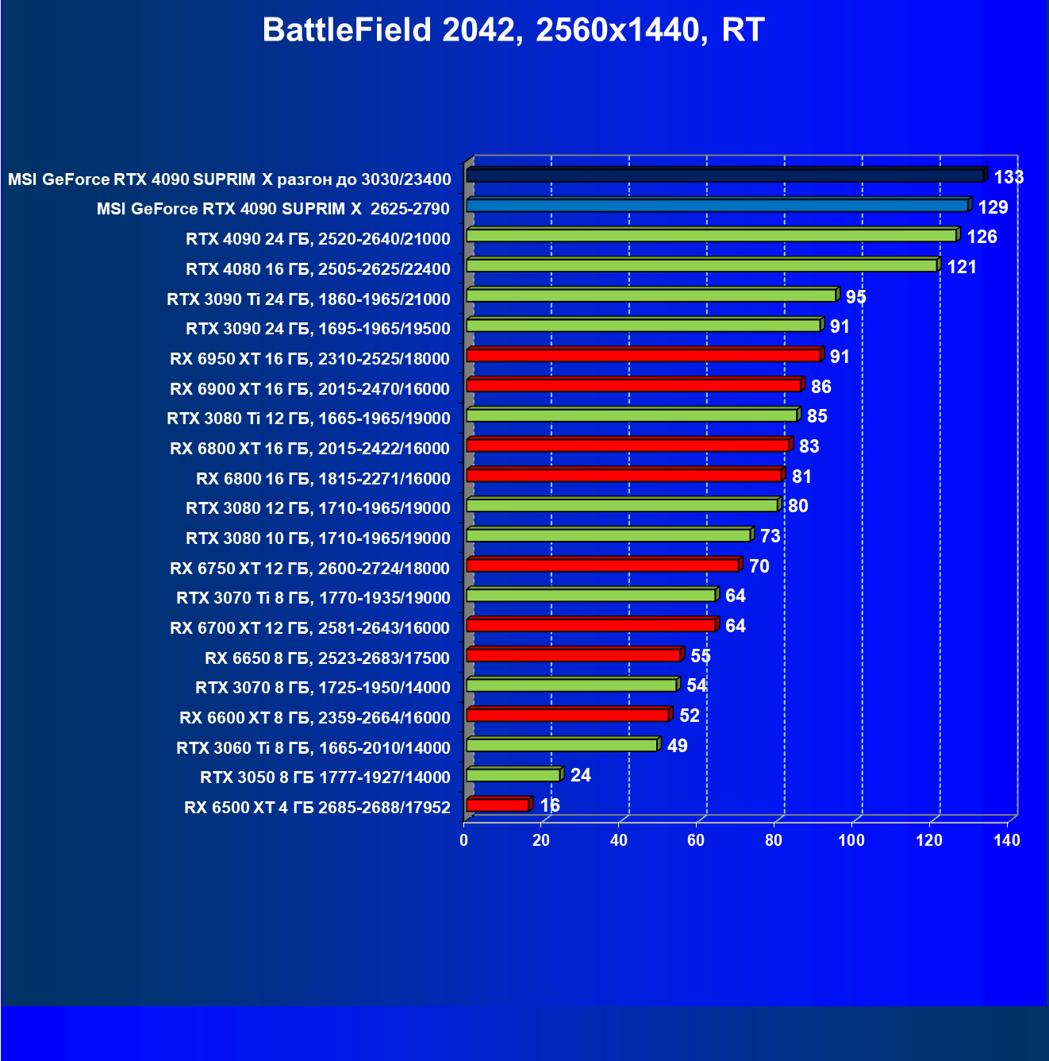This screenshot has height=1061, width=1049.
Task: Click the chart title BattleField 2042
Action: click(x=513, y=30)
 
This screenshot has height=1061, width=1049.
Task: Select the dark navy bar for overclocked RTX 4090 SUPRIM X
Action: click(x=725, y=176)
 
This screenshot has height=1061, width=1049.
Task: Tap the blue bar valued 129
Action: click(x=717, y=206)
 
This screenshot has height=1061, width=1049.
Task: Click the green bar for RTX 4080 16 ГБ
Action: click(x=702, y=265)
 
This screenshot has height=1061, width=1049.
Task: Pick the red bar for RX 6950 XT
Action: click(x=644, y=355)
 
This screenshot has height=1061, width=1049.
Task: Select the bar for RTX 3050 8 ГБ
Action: click(x=513, y=774)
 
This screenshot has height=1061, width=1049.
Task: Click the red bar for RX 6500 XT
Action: click(x=498, y=804)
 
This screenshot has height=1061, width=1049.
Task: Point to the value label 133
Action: click(x=1009, y=177)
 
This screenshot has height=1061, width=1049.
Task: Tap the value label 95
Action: click(x=855, y=297)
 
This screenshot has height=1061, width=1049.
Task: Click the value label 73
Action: click(x=770, y=536)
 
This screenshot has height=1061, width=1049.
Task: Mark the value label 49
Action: click(x=677, y=746)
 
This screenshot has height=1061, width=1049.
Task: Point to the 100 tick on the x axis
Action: click(x=851, y=840)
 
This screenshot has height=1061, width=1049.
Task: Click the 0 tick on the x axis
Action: click(x=464, y=840)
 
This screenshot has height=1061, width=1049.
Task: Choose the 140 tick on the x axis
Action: click(x=1006, y=840)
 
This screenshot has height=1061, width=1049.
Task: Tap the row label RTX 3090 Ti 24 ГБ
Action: click(x=309, y=299)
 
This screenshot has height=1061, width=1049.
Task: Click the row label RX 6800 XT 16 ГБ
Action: click(x=310, y=449)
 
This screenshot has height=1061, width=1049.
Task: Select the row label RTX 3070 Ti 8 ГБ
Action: click(x=313, y=598)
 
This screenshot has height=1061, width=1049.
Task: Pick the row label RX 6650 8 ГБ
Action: click(x=328, y=658)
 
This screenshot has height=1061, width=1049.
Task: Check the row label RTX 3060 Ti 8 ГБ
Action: click(x=313, y=748)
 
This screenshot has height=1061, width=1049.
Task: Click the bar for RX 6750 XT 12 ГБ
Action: click(x=603, y=565)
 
